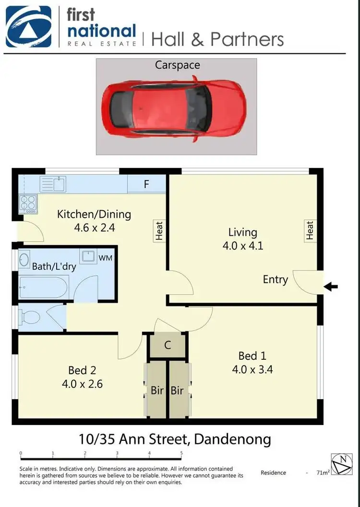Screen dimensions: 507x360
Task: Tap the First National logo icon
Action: coord(29,26)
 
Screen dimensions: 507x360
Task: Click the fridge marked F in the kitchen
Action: coord(146,184)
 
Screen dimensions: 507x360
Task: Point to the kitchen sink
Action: coord(53,184)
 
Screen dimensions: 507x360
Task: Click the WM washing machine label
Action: coord(105,258)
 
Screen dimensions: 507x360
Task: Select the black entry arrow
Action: coord(331,287)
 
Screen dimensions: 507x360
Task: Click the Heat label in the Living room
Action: coord(310,231)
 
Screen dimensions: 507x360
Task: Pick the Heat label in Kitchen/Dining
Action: coord(159,230)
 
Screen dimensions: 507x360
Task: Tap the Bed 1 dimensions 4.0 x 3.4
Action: coord(252,369)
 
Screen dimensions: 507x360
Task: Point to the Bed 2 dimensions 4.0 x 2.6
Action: coord(83,384)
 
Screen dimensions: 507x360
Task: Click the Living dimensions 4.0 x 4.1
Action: coord(243,247)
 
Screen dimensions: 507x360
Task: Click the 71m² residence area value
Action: coord(323,473)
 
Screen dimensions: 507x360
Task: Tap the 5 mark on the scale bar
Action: coord(181,453)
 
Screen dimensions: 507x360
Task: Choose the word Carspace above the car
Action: coord(177,65)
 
